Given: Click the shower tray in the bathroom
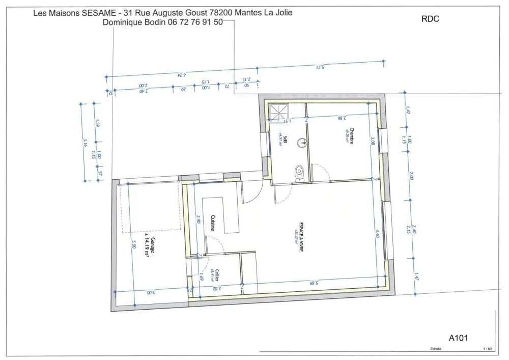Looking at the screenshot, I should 279,113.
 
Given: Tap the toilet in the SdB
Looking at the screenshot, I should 300,173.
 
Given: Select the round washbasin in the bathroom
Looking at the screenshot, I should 304,143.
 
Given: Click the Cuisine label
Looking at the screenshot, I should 212,223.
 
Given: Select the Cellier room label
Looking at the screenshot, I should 217,276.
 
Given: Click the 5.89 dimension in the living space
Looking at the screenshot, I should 314,283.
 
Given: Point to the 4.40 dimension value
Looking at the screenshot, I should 377,233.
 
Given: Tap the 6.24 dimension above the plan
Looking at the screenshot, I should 181,75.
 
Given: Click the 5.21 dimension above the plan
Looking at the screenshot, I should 320,67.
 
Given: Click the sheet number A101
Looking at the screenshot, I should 459,337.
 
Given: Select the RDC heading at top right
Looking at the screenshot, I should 430,19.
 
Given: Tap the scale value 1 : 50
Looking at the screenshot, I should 487,349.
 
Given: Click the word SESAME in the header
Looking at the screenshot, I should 99,13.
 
